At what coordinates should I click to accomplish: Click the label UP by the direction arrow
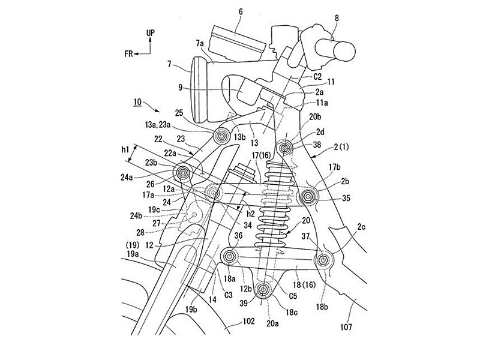tap(151, 33)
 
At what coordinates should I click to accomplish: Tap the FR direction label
tap(128, 54)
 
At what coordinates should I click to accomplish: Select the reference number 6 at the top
tap(241, 12)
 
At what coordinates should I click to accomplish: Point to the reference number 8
tap(337, 18)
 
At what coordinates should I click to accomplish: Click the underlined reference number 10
tap(137, 101)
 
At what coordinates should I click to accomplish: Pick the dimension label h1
tap(125, 149)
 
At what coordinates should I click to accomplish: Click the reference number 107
tap(346, 327)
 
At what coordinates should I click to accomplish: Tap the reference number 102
tap(248, 321)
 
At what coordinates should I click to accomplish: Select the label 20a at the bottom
tap(272, 323)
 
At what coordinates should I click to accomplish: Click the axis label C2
tap(317, 77)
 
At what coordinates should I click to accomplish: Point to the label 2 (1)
tap(341, 147)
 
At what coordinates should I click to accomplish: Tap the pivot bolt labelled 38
tap(284, 148)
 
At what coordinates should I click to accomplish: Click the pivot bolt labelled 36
tap(230, 256)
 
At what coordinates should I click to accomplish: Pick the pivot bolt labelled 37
tap(322, 260)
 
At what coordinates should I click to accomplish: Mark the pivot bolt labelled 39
tap(263, 289)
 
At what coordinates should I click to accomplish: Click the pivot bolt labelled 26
tap(184, 173)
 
